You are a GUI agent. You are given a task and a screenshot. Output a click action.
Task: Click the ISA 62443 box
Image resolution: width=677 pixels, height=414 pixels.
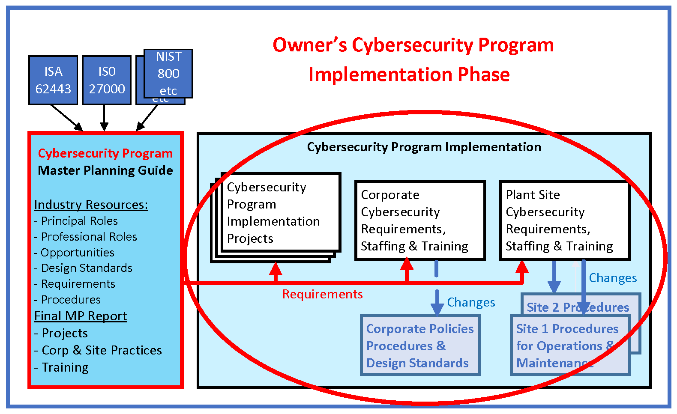coord(53,80)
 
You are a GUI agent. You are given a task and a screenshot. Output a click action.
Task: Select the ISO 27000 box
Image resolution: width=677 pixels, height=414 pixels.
coord(107,80)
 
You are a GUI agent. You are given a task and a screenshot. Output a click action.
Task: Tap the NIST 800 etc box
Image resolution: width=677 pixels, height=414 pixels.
coord(168,73)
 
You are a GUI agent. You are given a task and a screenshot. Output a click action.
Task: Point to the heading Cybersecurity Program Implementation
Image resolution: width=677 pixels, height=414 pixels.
coord(424,147)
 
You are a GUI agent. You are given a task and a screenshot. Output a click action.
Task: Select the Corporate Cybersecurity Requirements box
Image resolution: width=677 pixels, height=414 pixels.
coord(419,220)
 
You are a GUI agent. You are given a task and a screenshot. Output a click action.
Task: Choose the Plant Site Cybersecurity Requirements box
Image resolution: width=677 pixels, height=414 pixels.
coord(564,220)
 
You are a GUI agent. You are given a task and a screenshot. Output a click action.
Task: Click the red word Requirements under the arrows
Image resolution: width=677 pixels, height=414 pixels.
coord(322,294)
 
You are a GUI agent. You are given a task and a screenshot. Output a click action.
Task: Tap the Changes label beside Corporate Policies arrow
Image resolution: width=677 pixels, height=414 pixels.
coord(471,302)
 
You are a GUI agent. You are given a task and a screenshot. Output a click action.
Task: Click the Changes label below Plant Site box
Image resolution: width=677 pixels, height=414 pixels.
coord(613,278)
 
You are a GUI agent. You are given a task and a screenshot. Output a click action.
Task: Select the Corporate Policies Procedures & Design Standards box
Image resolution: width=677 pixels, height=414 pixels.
coord(419,345)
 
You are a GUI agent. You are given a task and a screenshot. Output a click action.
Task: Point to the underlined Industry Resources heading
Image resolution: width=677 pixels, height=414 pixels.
coord(91,205)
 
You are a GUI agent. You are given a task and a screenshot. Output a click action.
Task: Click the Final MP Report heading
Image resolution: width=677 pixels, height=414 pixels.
coord(81,316)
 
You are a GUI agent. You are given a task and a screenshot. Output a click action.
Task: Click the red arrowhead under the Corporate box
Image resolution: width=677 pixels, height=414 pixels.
coord(407,264)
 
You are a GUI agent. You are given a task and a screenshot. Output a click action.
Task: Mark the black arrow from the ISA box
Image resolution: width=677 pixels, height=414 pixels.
coord(66,117)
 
